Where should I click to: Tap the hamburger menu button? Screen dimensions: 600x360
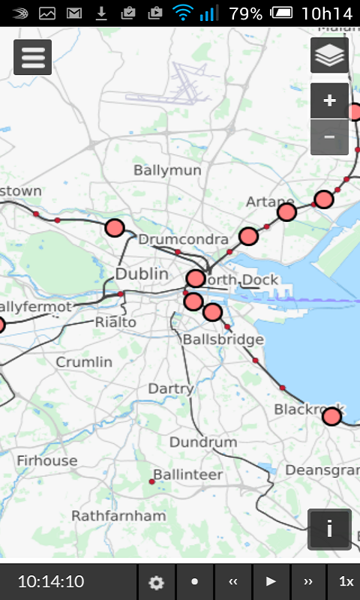pyautogui.click(x=32, y=58)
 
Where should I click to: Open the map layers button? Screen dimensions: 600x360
pyautogui.click(x=329, y=55)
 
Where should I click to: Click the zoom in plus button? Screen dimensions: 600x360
pyautogui.click(x=329, y=100)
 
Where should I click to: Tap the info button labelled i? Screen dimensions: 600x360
pyautogui.click(x=329, y=529)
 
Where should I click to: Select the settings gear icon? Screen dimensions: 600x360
pyautogui.click(x=156, y=582)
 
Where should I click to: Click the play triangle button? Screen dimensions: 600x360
pyautogui.click(x=271, y=581)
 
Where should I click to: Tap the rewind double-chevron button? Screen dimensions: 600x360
pyautogui.click(x=233, y=581)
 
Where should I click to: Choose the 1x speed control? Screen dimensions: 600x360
pyautogui.click(x=346, y=581)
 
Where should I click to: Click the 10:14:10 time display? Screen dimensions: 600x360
pyautogui.click(x=51, y=581)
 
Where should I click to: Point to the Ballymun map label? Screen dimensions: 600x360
pyautogui.click(x=167, y=170)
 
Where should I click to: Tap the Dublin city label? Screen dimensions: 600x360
pyautogui.click(x=142, y=274)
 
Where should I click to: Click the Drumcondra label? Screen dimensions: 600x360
pyautogui.click(x=183, y=239)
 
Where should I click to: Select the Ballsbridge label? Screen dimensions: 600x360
pyautogui.click(x=223, y=340)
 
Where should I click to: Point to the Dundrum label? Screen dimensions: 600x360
pyautogui.click(x=202, y=442)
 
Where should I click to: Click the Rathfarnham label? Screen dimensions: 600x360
pyautogui.click(x=118, y=516)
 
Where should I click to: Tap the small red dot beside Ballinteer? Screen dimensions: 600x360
pyautogui.click(x=151, y=481)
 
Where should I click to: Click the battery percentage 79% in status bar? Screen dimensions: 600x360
pyautogui.click(x=246, y=13)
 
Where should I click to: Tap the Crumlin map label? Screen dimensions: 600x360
pyautogui.click(x=84, y=362)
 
